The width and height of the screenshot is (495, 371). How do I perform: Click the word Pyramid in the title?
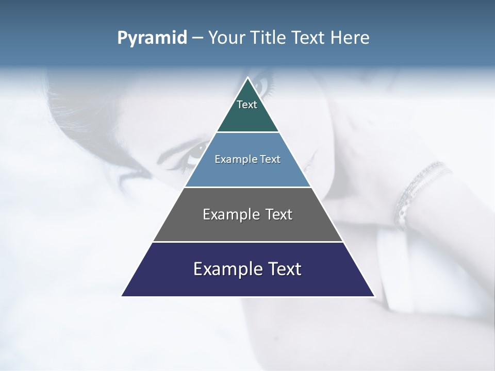coord(152,38)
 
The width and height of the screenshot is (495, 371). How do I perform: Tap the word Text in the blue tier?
coord(270,159)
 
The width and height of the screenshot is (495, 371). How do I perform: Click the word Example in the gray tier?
coord(230,214)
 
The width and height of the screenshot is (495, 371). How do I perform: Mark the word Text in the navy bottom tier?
coord(284,269)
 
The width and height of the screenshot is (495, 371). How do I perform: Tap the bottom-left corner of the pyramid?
coord(122,296)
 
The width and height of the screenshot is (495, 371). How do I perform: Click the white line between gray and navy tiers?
coord(248,242)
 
